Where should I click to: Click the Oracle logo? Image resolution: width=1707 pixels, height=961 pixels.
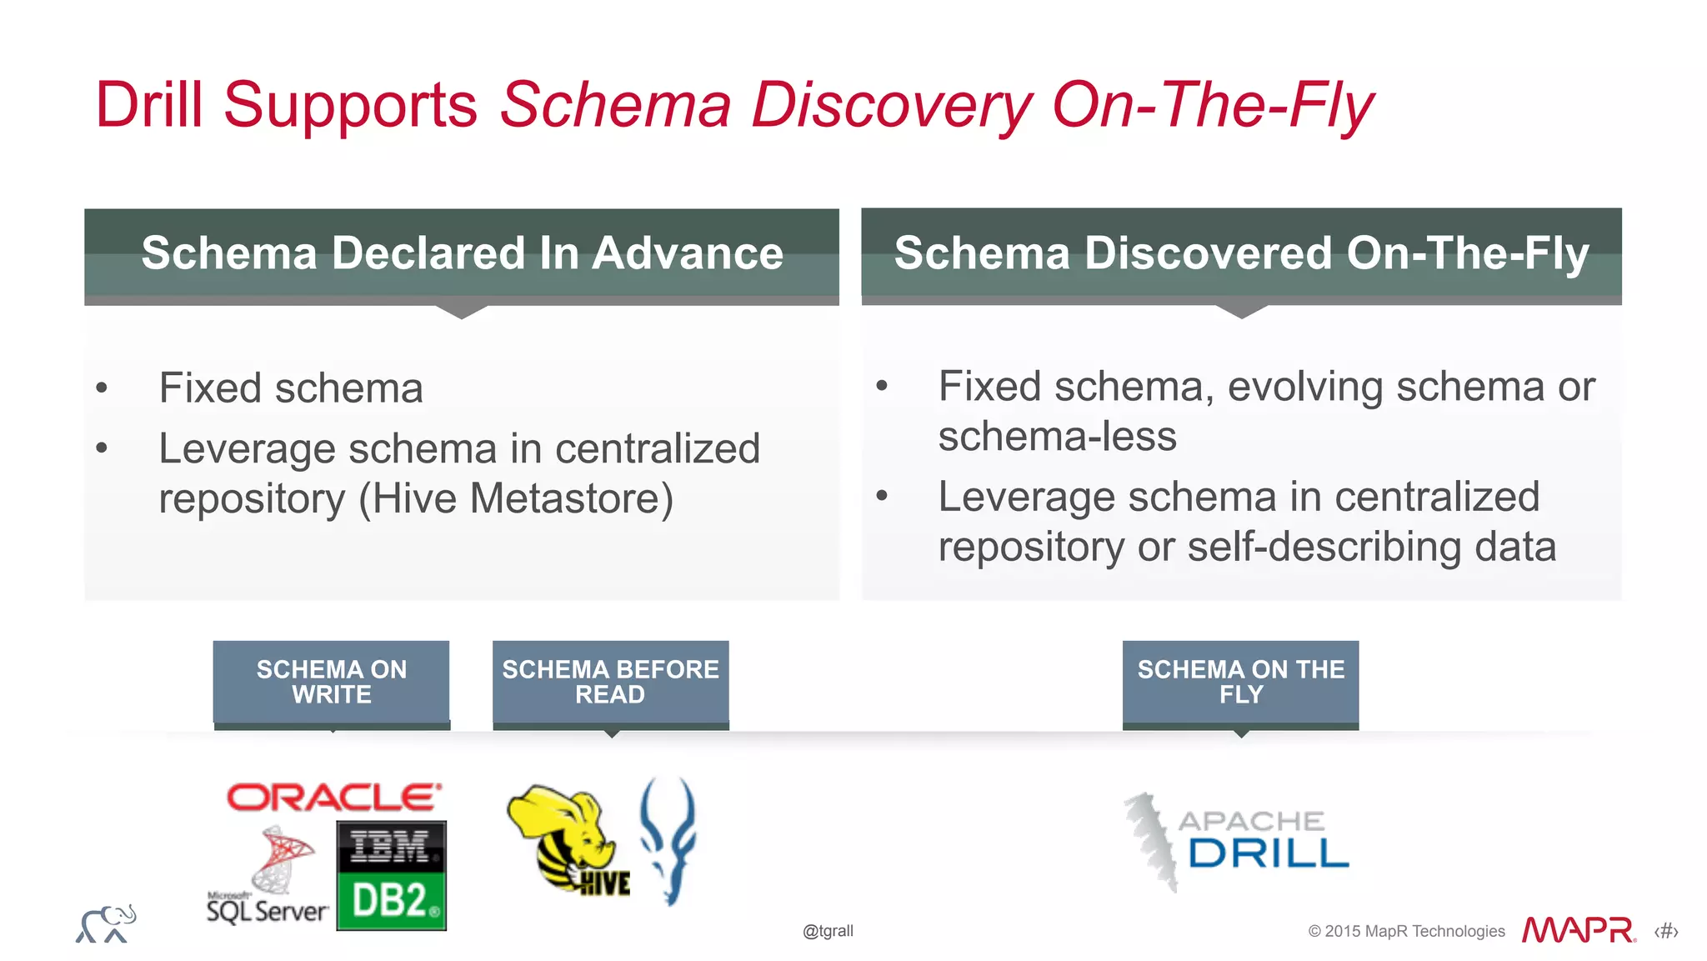(x=333, y=798)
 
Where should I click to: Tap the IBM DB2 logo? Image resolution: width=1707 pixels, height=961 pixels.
(x=392, y=875)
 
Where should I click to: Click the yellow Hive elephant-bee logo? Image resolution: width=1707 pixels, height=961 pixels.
(x=567, y=838)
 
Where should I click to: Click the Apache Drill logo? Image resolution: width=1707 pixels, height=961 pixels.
(x=1238, y=840)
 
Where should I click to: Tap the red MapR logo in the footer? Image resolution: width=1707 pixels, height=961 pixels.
(x=1578, y=930)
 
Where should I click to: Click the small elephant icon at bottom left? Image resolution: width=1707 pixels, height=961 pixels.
(x=106, y=924)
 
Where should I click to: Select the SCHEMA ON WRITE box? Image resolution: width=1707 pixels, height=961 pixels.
(x=332, y=682)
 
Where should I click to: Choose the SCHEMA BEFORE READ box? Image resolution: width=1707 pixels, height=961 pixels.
(x=610, y=682)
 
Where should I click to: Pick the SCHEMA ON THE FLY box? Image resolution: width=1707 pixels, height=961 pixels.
(x=1240, y=682)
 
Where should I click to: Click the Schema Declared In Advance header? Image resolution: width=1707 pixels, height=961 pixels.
(x=462, y=253)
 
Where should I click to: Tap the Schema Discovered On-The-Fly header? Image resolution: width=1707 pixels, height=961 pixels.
(x=1241, y=253)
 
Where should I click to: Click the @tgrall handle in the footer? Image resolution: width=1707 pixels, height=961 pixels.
(x=828, y=931)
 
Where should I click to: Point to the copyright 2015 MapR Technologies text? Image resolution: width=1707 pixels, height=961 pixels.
(x=1406, y=931)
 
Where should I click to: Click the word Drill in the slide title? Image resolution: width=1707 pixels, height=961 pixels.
(x=149, y=105)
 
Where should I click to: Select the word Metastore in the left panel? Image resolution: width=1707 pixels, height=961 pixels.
(x=571, y=498)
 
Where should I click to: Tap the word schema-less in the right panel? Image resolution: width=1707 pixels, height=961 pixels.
(x=1057, y=437)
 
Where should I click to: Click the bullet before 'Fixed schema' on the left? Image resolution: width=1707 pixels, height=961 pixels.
(x=102, y=388)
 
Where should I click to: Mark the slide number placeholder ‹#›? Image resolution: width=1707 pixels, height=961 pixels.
(x=1666, y=931)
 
